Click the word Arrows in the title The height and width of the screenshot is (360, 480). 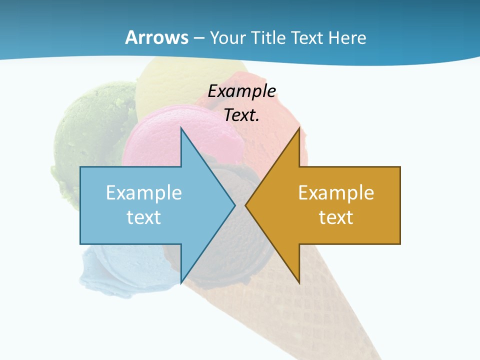[x=156, y=37]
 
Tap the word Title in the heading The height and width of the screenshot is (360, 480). [x=268, y=37]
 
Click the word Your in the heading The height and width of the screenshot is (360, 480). [x=227, y=37]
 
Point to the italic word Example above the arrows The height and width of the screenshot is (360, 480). [x=242, y=91]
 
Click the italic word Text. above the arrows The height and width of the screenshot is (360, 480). [x=241, y=115]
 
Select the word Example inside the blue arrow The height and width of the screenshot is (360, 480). [x=144, y=193]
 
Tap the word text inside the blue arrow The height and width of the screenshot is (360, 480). [x=144, y=217]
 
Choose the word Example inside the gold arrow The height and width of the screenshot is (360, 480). [x=336, y=193]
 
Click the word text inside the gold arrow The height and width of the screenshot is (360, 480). [x=336, y=217]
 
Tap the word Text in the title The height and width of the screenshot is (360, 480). [x=306, y=37]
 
